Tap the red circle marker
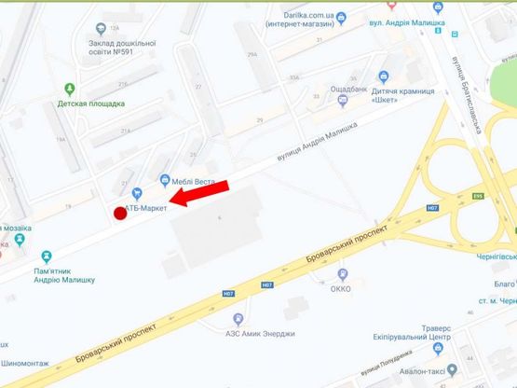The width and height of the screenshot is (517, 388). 120,213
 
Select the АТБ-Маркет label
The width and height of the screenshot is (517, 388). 147,207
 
